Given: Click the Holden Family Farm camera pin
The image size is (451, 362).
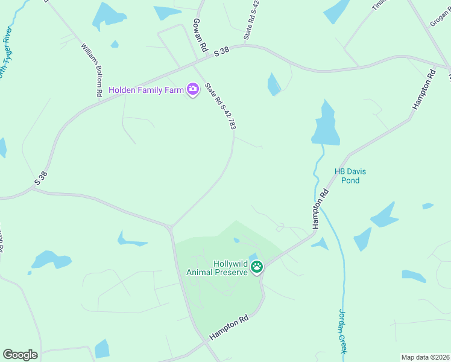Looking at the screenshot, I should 193,90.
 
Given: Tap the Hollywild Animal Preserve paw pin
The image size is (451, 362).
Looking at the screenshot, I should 257,266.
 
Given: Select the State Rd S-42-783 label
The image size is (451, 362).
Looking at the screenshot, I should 219,106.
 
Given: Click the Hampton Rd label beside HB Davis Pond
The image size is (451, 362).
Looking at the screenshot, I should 320,208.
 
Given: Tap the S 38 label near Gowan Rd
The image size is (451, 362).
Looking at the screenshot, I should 222,53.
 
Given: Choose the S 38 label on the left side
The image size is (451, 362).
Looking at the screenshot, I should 40,178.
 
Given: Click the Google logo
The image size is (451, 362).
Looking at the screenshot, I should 20,355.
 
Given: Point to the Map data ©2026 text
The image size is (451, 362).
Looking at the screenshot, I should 425,357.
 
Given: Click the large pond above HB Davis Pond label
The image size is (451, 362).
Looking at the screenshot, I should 325,126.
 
